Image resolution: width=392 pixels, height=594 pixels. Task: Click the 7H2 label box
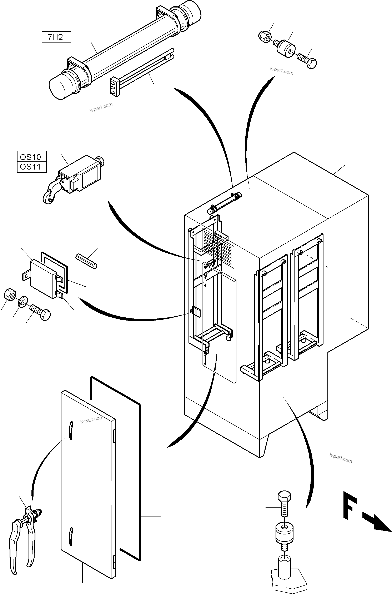[56, 37]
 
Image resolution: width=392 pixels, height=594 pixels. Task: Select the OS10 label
[30, 157]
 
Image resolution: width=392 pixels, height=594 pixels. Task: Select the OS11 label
[30, 167]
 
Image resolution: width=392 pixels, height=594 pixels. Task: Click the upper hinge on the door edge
[115, 436]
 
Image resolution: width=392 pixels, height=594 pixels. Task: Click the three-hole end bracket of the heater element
[115, 86]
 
